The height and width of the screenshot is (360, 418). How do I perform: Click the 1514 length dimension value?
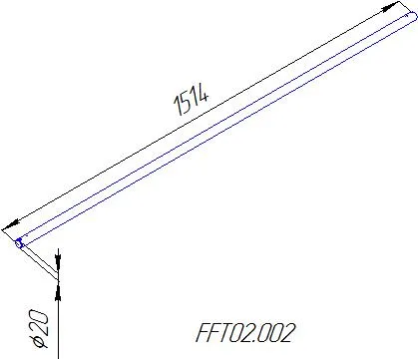tap(192, 99)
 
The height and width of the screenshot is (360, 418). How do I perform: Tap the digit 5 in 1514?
tap(186, 102)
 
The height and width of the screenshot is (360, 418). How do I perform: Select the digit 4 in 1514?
tap(203, 92)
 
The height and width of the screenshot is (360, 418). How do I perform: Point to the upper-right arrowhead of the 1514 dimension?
tap(390, 7)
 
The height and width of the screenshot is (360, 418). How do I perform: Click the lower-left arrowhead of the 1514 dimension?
tap(11, 225)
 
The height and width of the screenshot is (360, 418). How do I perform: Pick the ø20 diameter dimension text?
tap(39, 329)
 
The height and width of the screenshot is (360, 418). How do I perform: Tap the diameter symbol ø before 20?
tap(39, 341)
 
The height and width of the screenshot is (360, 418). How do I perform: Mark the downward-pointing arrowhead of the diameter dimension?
tap(58, 263)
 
